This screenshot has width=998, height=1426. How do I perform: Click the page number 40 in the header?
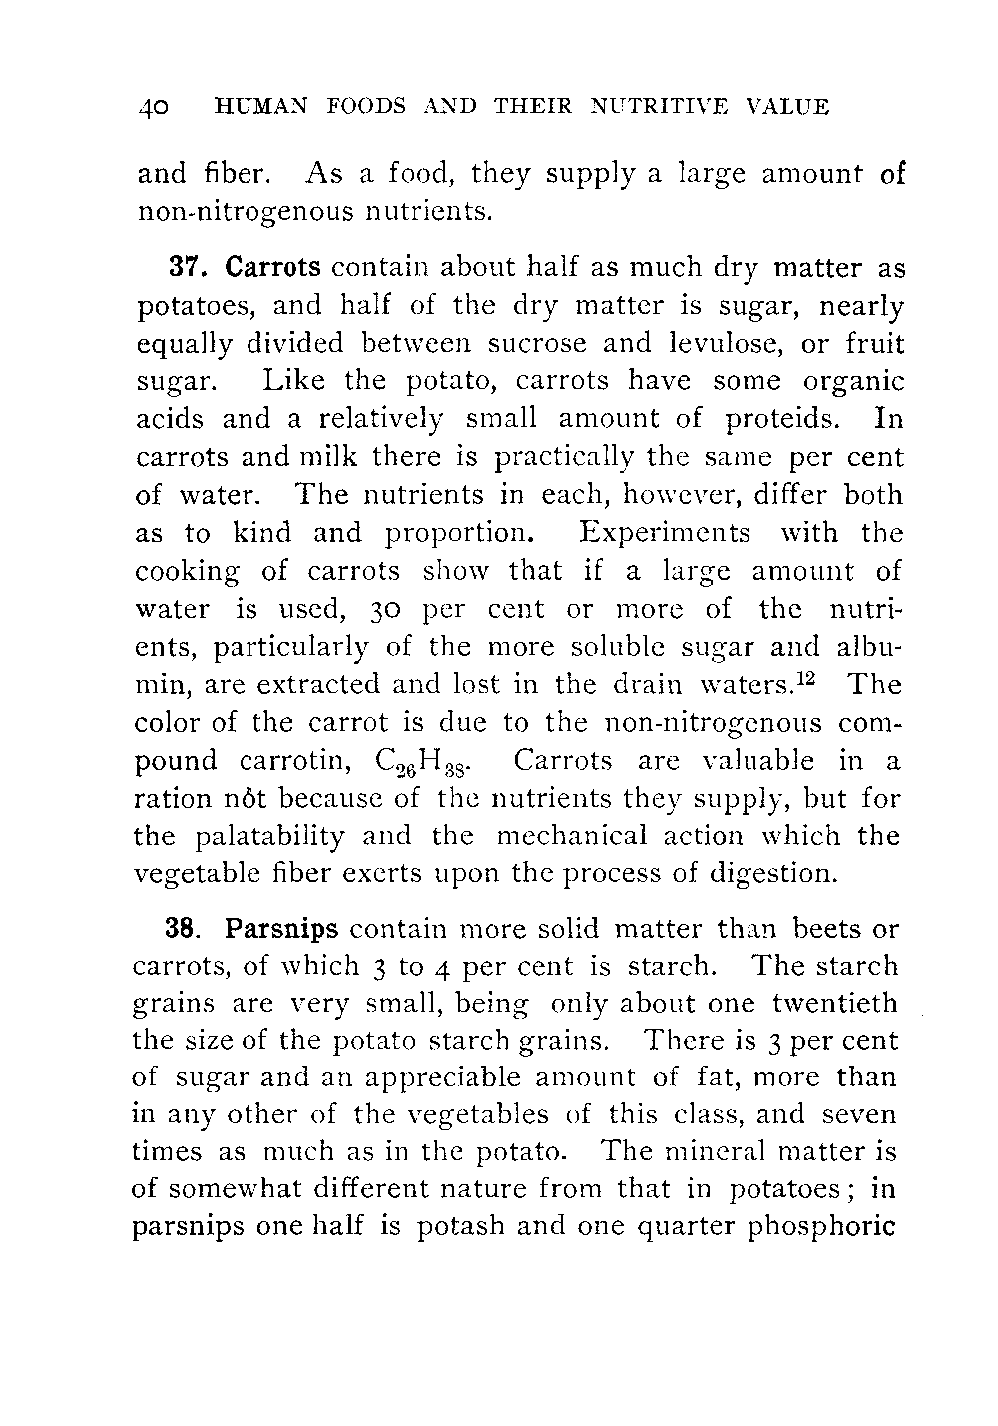tap(156, 107)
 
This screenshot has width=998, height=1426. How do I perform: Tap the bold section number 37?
tap(188, 269)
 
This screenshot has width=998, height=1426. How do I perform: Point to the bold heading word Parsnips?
tap(282, 930)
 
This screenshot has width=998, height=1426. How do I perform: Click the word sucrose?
tap(543, 344)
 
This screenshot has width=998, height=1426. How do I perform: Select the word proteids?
tap(782, 419)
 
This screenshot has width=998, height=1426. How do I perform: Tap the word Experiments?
tap(665, 533)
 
